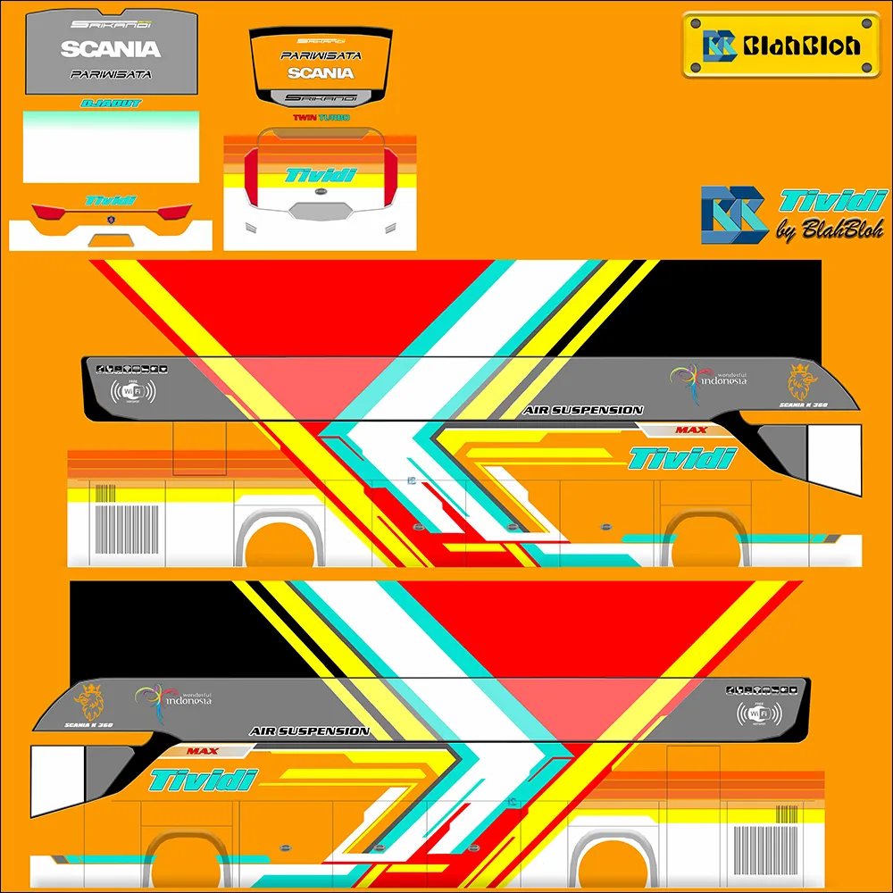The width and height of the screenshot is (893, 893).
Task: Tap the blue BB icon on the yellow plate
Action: tap(719, 45)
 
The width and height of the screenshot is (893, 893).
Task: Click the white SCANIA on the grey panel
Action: tap(111, 49)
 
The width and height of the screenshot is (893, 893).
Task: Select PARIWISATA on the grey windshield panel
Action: tap(111, 74)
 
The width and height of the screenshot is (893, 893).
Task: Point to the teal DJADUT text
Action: tap(111, 104)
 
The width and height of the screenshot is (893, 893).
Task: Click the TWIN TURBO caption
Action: tap(321, 117)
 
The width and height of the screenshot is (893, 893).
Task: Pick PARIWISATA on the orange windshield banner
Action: tap(321, 55)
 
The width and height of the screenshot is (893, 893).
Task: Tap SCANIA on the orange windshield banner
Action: tap(321, 72)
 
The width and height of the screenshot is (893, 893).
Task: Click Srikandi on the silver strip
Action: tap(321, 97)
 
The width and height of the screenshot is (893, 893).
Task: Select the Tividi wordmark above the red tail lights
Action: tap(111, 201)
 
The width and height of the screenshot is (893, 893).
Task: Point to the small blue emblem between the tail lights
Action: tap(111, 219)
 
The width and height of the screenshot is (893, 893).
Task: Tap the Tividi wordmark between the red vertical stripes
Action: tap(321, 175)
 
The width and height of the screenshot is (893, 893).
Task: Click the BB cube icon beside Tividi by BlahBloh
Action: tap(734, 215)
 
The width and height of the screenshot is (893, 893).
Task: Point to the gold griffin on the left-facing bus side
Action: tap(88, 702)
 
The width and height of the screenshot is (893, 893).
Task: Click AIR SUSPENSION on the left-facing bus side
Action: tap(310, 731)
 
